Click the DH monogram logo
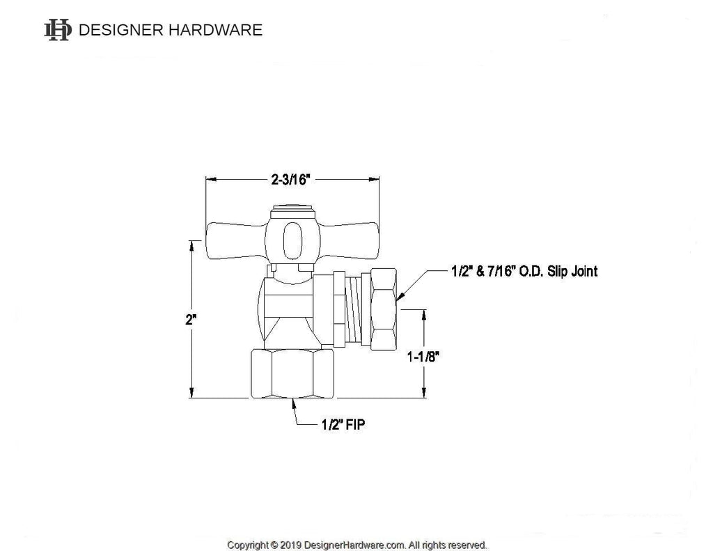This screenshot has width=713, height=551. tap(58, 30)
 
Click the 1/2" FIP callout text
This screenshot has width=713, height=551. tap(341, 424)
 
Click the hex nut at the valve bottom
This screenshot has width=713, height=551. tap(291, 374)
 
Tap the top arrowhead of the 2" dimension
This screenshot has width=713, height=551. tap(191, 244)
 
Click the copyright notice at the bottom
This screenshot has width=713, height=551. tap(356, 544)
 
